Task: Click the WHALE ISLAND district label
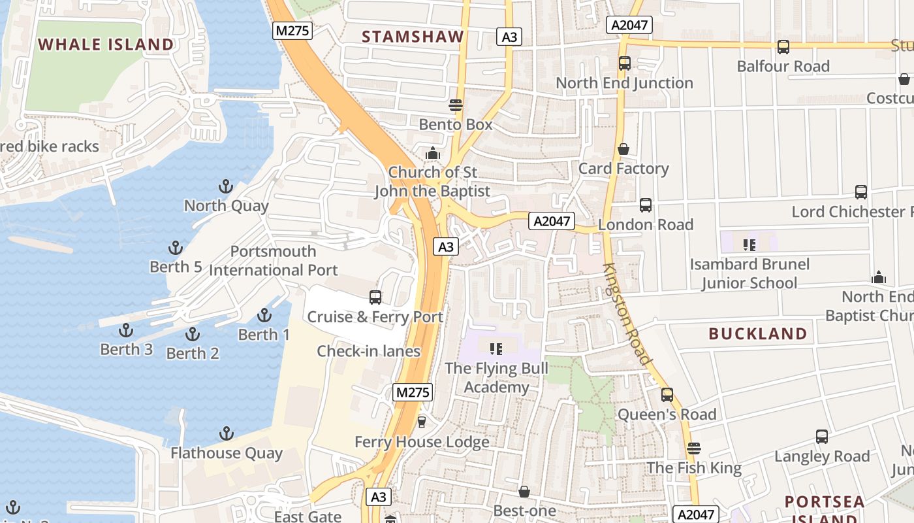(x=106, y=44)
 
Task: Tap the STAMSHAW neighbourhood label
(x=413, y=37)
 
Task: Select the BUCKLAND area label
(x=757, y=334)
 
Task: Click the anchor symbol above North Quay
(x=225, y=187)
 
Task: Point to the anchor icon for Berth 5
(x=175, y=248)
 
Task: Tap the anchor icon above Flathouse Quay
(x=226, y=433)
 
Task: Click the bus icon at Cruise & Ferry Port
(x=375, y=297)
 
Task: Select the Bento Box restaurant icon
(x=456, y=105)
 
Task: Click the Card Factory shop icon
(x=623, y=150)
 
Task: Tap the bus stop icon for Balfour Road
(x=783, y=47)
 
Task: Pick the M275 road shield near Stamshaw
(x=292, y=30)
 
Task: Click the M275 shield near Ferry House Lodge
(x=413, y=392)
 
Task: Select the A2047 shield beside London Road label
(x=552, y=221)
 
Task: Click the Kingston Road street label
(x=627, y=314)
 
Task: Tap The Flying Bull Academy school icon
(x=496, y=348)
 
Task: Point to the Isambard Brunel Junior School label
(x=749, y=274)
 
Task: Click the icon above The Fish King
(x=693, y=448)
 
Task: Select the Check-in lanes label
(x=368, y=351)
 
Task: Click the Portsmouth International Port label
(x=273, y=261)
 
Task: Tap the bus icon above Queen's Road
(x=667, y=395)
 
